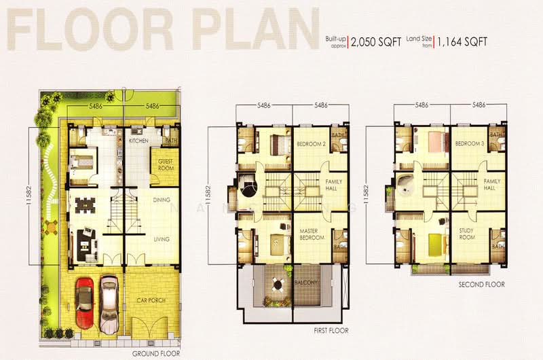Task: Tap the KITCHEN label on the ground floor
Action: (x=138, y=141)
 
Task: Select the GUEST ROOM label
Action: (x=165, y=165)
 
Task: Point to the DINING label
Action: (x=162, y=200)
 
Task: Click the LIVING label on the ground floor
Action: (x=161, y=239)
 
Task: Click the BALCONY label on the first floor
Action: (x=306, y=284)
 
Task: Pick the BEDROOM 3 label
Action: (x=468, y=144)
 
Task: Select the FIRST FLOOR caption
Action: (x=331, y=331)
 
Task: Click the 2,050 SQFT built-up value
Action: (x=376, y=41)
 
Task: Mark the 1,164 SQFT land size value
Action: (x=462, y=41)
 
